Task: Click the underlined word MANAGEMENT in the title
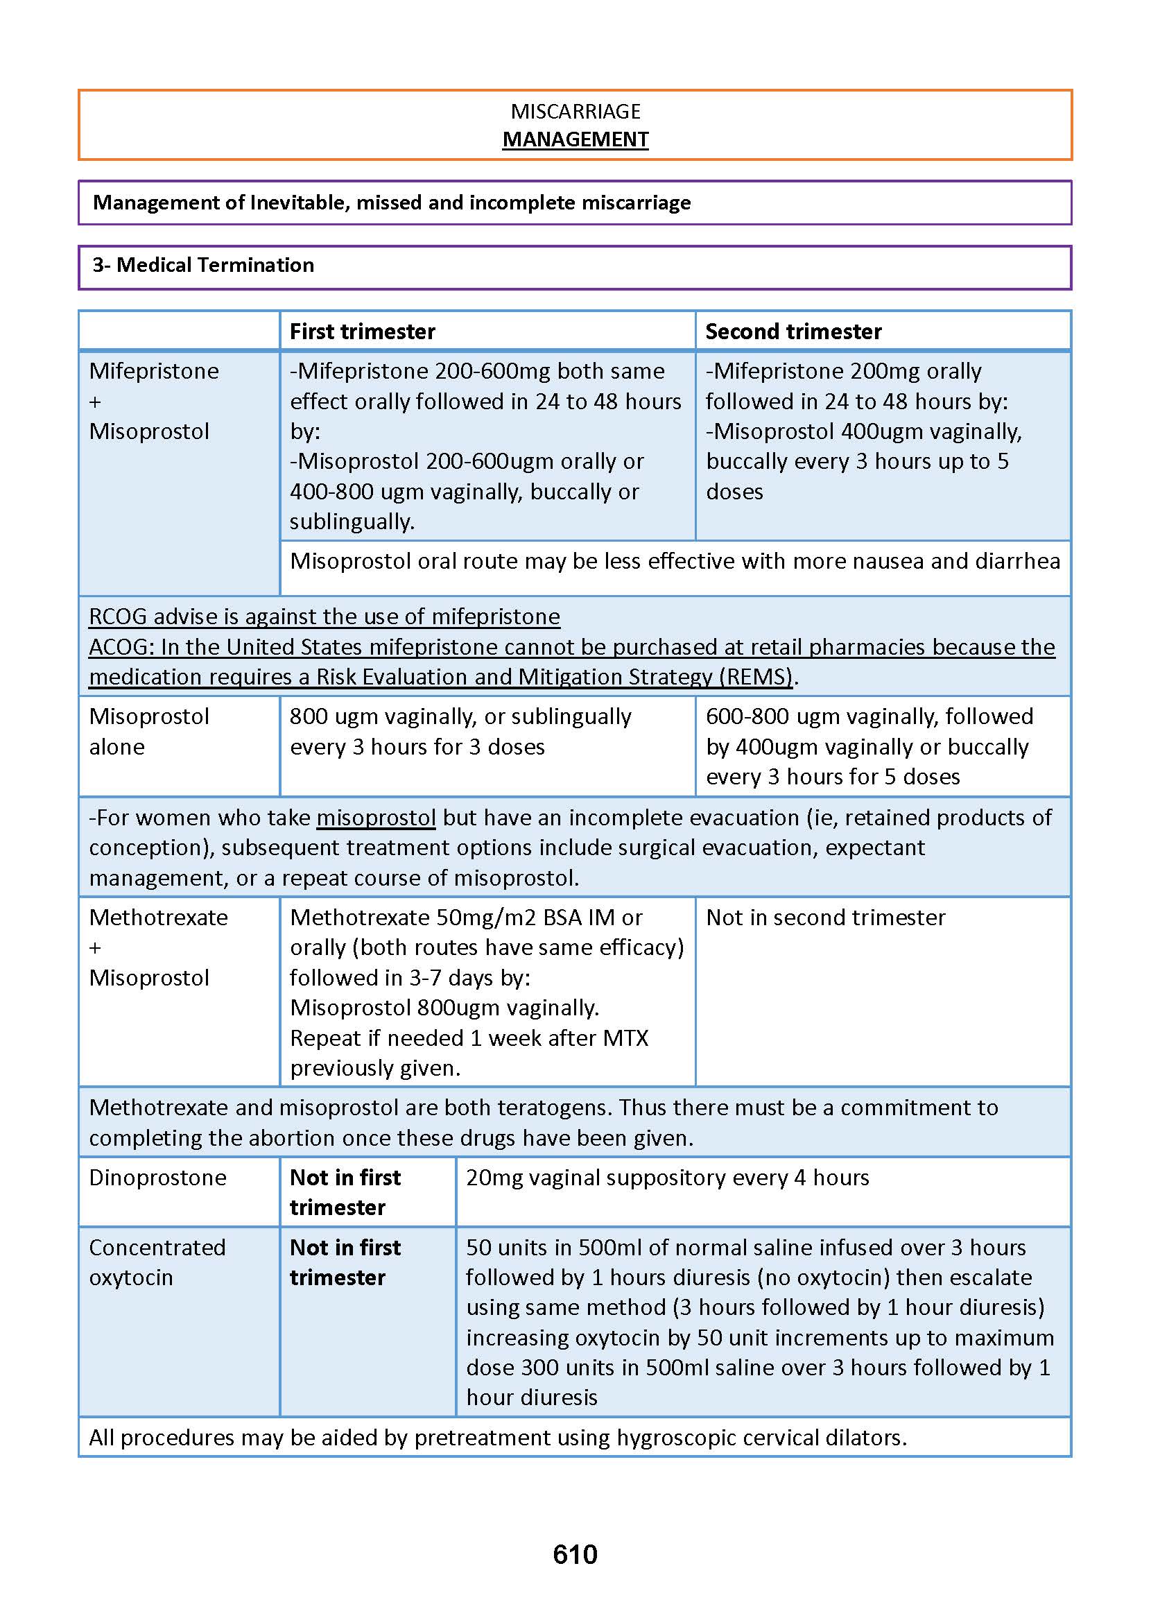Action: [575, 139]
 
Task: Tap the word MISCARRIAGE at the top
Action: [575, 111]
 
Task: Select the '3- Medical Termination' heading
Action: [203, 265]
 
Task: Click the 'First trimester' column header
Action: [362, 331]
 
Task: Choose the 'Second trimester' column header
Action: [793, 331]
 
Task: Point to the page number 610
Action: [575, 1554]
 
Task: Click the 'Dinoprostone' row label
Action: [157, 1178]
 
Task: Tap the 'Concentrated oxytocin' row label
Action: [157, 1262]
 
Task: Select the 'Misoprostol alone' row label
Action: [149, 732]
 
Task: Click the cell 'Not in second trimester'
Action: [825, 918]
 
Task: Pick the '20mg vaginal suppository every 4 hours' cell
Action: [667, 1178]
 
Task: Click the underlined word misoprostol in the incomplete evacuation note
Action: [376, 817]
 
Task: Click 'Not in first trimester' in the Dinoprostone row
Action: [345, 1192]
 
